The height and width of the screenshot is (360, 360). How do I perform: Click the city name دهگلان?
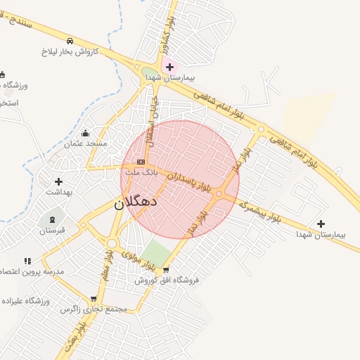[136, 203]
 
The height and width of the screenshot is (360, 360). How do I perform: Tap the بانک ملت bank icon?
[141, 161]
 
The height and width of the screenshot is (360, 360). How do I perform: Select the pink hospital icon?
[169, 67]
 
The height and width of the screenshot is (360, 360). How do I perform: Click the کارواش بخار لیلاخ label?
[70, 52]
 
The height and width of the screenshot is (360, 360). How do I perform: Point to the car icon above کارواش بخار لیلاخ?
[70, 41]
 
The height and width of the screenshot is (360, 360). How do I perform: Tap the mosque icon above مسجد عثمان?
[86, 133]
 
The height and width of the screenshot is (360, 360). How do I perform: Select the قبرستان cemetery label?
[51, 230]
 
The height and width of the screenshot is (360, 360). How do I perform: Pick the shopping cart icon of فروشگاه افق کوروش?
[166, 269]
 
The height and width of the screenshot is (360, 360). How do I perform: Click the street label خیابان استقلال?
[153, 120]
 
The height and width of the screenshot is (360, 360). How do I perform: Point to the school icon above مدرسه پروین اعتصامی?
[27, 261]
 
